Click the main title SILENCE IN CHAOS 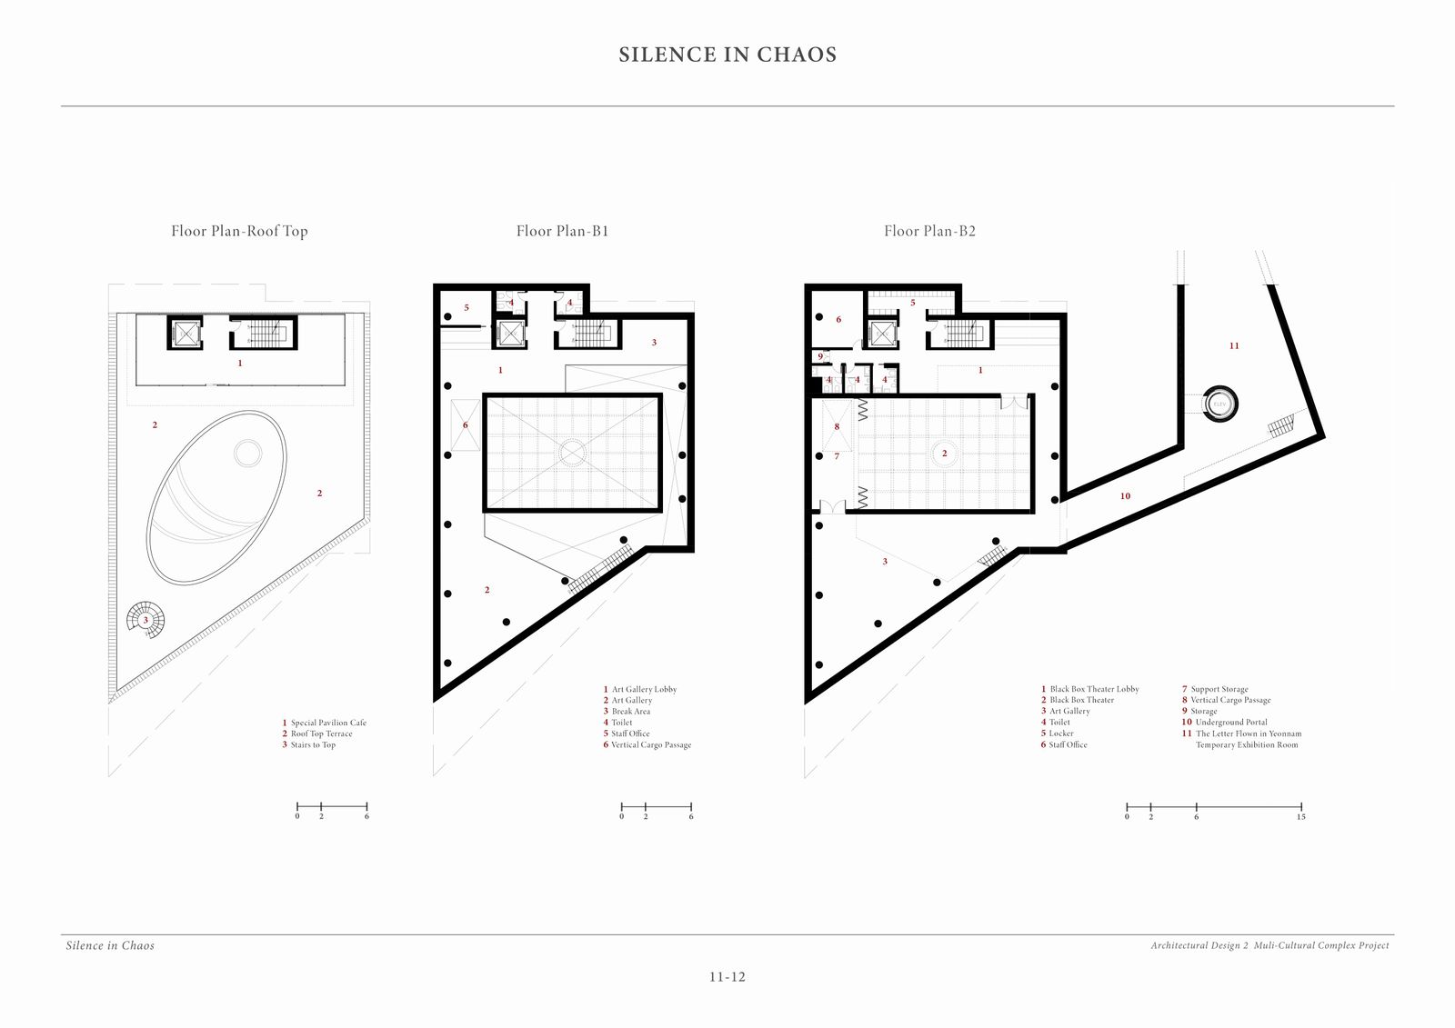pos(727,55)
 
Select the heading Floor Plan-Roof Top pos(239,231)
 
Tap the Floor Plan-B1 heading pos(563,231)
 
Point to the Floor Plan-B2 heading pos(929,231)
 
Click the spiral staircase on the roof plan pos(145,620)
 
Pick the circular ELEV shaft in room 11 pos(1219,404)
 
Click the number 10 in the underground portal pos(1125,496)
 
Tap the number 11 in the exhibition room pos(1234,346)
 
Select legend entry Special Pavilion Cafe pos(324,723)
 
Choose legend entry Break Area pos(627,712)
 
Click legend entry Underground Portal pos(1224,722)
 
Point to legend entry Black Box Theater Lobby pos(1090,689)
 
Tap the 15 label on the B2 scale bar pos(1301,817)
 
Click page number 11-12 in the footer pos(727,977)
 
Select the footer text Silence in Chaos pos(110,945)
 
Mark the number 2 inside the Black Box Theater pos(945,454)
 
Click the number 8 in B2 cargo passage pos(837,426)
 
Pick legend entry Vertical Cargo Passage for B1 pos(647,744)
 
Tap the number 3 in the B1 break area pos(654,343)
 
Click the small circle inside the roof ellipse pos(247,454)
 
